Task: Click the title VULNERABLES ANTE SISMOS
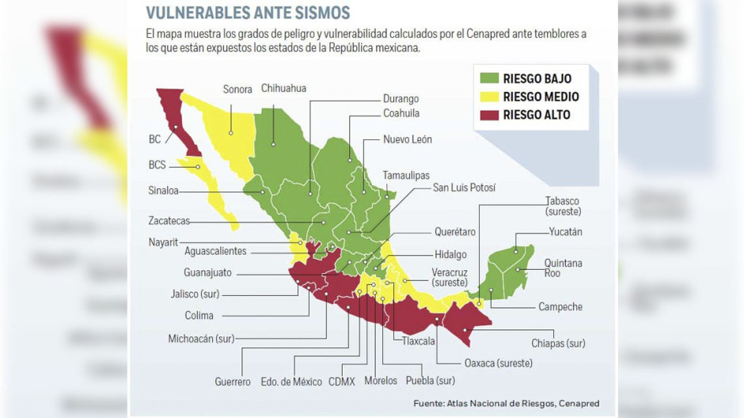pyautogui.click(x=248, y=12)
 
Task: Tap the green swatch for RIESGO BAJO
pyautogui.click(x=490, y=78)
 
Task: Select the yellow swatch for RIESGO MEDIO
pyautogui.click(x=490, y=97)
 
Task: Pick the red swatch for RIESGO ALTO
pyautogui.click(x=490, y=115)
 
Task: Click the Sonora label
pyautogui.click(x=237, y=89)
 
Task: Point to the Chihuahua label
pyautogui.click(x=283, y=89)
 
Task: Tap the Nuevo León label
pyautogui.click(x=407, y=139)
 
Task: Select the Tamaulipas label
pyautogui.click(x=406, y=174)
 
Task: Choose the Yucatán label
pyautogui.click(x=565, y=232)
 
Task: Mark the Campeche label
pyautogui.click(x=560, y=307)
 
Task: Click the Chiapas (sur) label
pyautogui.click(x=558, y=344)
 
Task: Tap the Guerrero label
pyautogui.click(x=233, y=382)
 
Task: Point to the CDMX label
pyautogui.click(x=342, y=382)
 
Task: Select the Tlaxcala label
pyautogui.click(x=419, y=342)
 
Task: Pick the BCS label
pyautogui.click(x=157, y=165)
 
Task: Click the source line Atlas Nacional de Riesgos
pyautogui.click(x=506, y=404)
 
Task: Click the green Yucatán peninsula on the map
pyautogui.click(x=507, y=269)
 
